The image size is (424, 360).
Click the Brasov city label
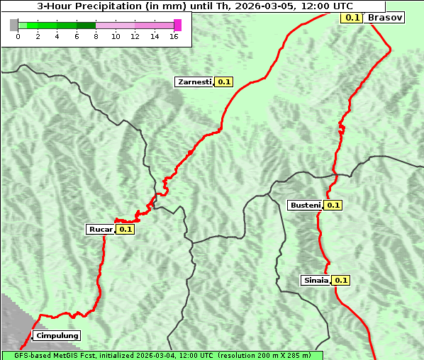click(x=385, y=17)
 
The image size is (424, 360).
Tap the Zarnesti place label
click(x=194, y=82)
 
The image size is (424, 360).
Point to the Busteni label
click(x=306, y=206)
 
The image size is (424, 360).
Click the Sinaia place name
click(x=316, y=280)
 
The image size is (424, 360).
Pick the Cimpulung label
click(x=57, y=335)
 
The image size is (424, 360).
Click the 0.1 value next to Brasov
click(x=351, y=17)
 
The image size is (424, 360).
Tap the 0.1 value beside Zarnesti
click(x=224, y=82)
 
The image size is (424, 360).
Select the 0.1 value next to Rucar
click(x=125, y=229)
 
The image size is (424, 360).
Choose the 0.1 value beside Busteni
click(x=333, y=206)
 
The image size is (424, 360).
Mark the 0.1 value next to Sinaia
click(x=341, y=280)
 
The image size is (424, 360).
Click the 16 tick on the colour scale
click(x=173, y=36)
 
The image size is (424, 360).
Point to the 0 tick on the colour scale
click(x=18, y=36)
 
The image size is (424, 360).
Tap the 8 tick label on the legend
click(x=96, y=36)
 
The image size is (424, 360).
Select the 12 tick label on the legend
click(x=135, y=36)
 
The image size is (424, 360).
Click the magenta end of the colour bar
click(x=177, y=25)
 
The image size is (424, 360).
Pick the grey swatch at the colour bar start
click(x=14, y=25)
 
